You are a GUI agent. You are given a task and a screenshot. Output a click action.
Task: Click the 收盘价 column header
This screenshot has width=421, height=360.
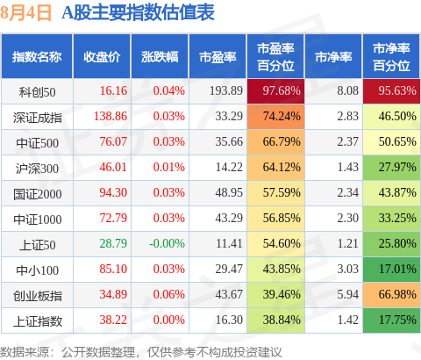tap(102, 57)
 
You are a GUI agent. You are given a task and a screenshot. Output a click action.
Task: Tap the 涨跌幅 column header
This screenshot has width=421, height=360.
tap(160, 57)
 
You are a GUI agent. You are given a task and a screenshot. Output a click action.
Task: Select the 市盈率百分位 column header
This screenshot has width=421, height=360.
tap(275, 57)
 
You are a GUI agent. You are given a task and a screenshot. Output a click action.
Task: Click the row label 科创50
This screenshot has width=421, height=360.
tap(37, 92)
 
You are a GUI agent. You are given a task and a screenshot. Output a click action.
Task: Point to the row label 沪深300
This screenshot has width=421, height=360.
tap(37, 169)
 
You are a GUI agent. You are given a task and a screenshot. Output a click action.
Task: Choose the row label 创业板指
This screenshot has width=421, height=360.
tap(38, 296)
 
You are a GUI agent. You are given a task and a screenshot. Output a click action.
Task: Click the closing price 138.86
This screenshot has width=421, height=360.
tap(111, 116)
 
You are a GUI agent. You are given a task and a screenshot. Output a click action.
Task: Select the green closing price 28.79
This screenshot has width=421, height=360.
tap(113, 243)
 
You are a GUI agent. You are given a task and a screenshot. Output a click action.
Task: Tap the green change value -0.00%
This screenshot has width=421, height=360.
tap(167, 243)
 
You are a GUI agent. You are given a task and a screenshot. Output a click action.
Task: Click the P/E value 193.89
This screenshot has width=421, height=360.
tap(226, 90)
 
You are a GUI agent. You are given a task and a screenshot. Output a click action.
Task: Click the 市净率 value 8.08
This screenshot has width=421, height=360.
tap(347, 90)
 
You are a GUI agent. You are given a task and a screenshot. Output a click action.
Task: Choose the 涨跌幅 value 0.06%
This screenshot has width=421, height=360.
tap(169, 294)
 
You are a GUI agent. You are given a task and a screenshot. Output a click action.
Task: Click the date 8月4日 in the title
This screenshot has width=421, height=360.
tap(25, 13)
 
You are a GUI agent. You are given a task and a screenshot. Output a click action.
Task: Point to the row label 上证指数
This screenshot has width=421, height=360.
tap(38, 321)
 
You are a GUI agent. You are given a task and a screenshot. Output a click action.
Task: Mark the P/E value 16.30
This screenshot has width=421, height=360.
tap(229, 320)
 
